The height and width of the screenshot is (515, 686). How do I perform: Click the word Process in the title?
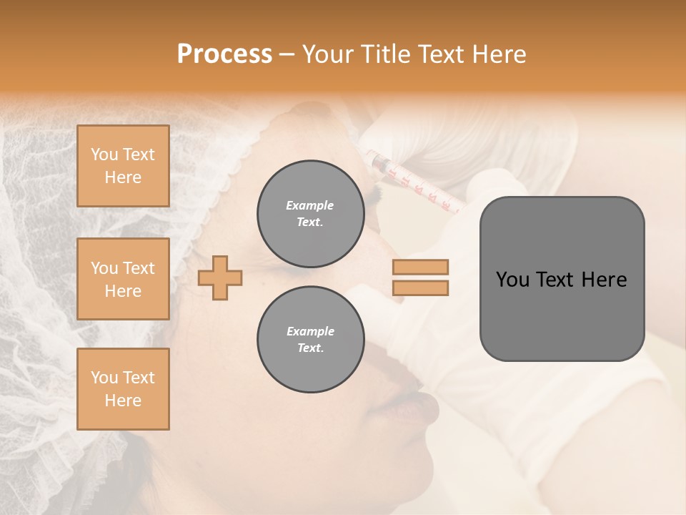pos(224,54)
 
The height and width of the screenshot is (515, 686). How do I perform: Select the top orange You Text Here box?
pos(123,166)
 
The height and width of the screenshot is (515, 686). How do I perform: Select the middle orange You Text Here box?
pos(123,279)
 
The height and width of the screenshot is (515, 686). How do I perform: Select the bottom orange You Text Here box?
pos(123,388)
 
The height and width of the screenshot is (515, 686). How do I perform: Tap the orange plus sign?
pos(220,278)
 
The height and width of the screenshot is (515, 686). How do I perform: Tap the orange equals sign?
pos(421,278)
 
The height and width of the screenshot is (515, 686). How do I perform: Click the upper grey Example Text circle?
pos(310,214)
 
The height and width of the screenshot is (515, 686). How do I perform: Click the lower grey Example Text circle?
pos(310,340)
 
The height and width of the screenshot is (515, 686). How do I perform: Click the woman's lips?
pos(418,408)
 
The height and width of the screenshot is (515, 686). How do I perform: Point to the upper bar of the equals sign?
pos(421,268)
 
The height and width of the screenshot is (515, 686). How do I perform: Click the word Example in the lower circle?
pos(310,331)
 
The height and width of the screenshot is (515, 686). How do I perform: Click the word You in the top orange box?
pos(104,154)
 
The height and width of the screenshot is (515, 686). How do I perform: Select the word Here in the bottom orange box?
pos(123,401)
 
